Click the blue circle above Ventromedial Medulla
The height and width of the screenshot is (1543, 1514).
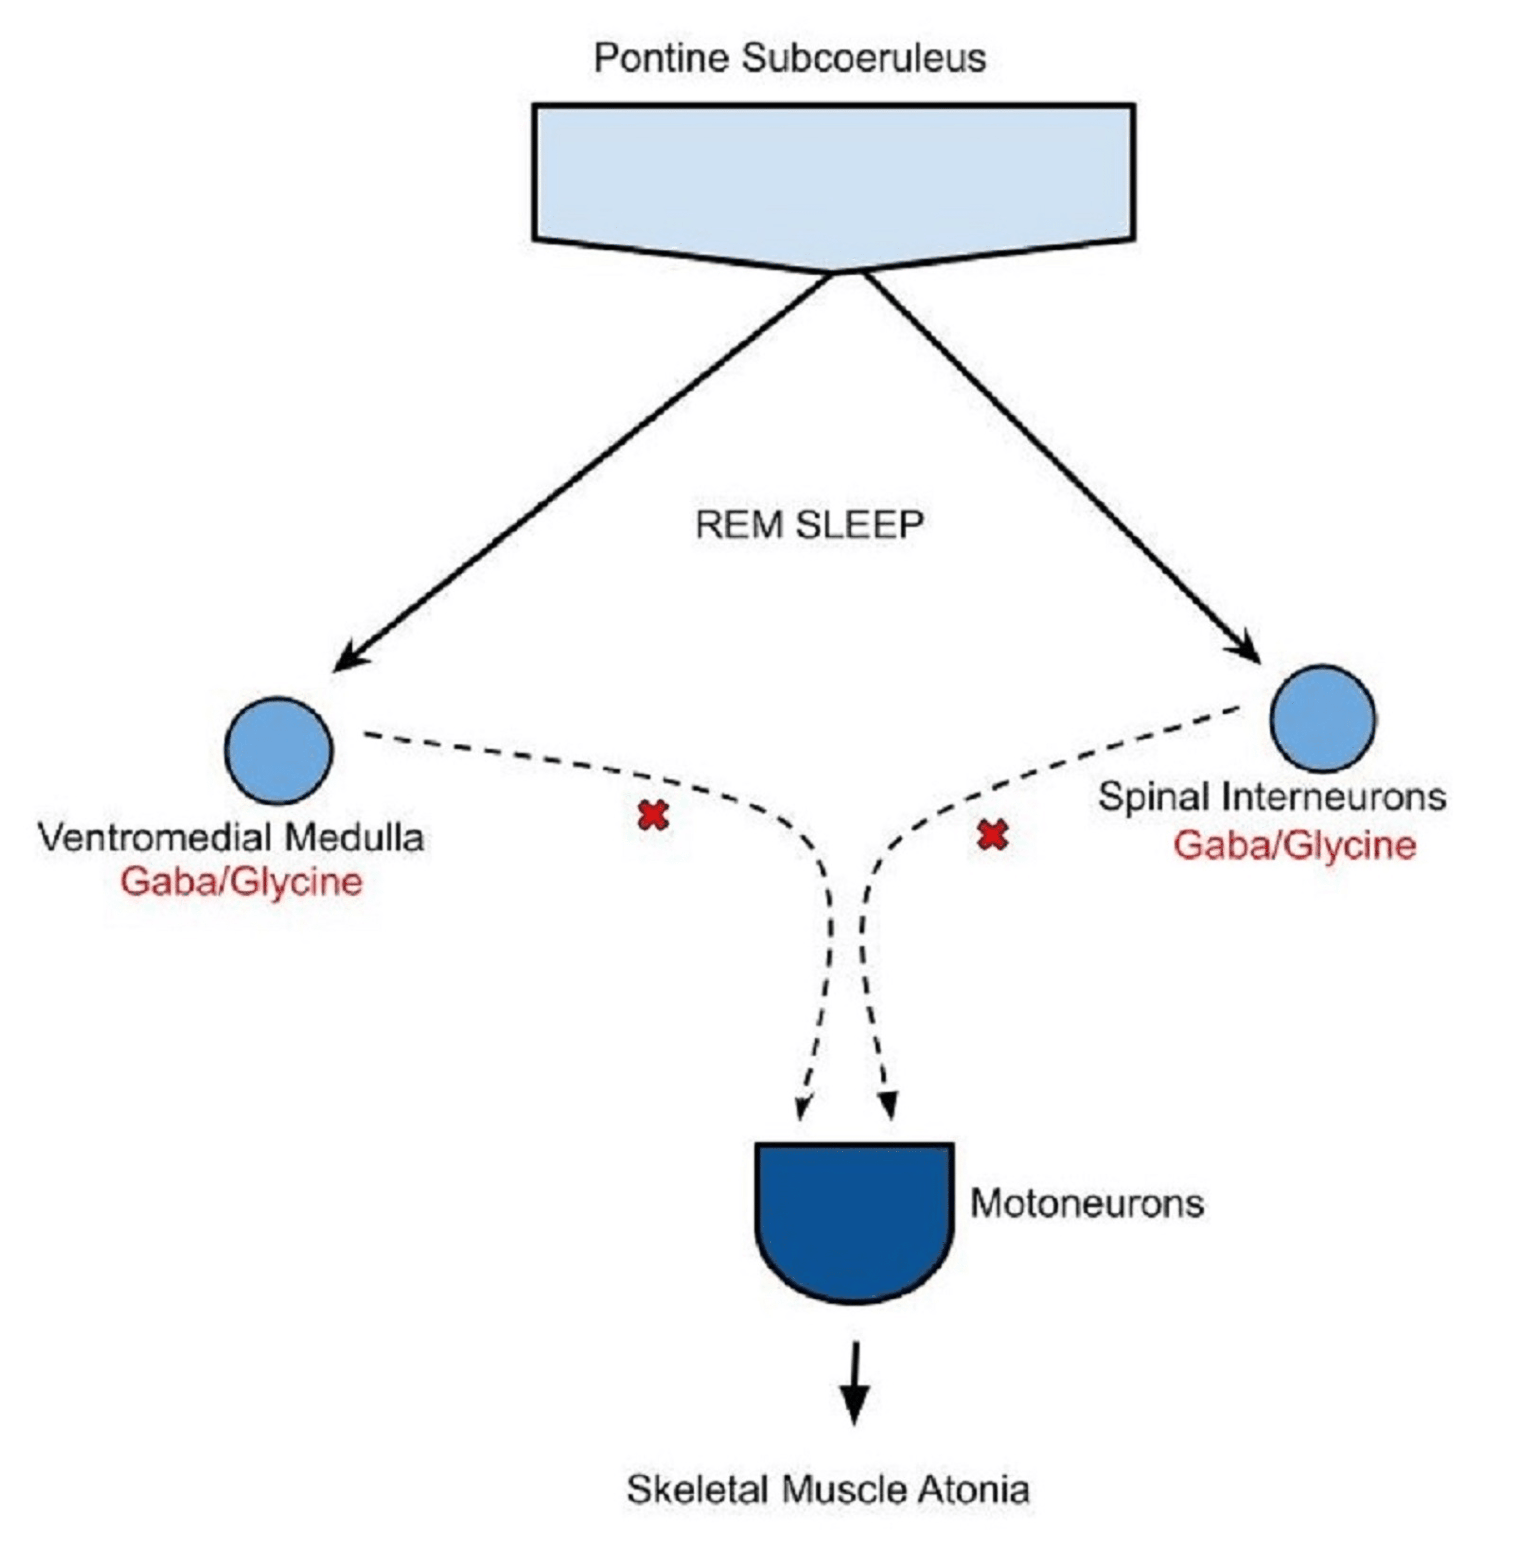(278, 750)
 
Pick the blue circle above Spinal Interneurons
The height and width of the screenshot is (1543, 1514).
(1322, 718)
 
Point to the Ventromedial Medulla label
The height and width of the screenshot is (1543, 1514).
(231, 838)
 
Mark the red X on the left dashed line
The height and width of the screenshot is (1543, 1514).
(653, 815)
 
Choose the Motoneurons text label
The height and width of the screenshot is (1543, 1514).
(1086, 1203)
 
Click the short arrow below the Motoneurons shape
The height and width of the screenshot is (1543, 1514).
(854, 1384)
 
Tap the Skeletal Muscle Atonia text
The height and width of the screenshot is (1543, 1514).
(827, 1489)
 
